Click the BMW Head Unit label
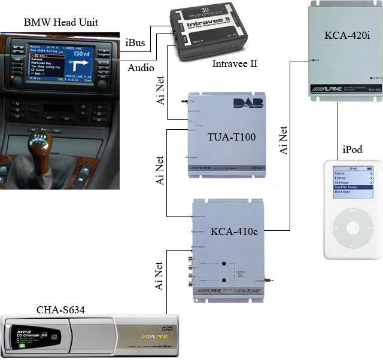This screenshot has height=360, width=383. point(60,23)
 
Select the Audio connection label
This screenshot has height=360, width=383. point(141,68)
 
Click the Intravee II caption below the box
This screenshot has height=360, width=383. point(235,63)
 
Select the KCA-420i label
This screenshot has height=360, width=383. point(348,36)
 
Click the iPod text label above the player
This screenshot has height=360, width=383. point(352,150)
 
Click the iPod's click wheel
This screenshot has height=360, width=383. point(352,228)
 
